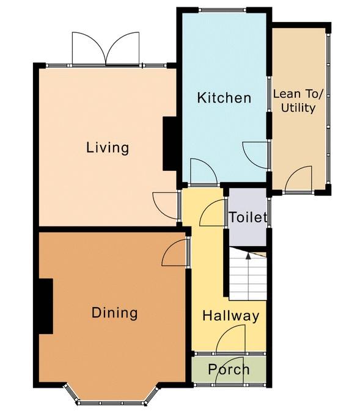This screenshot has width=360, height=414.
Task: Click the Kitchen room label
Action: [224, 98]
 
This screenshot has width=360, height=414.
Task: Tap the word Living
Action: [108, 147]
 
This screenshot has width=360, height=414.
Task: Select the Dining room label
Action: [114, 313]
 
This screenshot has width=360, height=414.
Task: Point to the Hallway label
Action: [231, 316]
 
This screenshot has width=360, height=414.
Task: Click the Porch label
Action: [229, 369]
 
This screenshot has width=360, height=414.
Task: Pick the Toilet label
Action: [248, 217]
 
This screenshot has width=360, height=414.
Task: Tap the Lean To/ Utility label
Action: [298, 101]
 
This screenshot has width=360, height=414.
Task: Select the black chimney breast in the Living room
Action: [169, 143]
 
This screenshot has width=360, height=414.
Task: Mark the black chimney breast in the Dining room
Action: [46, 307]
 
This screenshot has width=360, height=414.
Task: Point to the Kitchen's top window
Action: [222, 10]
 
